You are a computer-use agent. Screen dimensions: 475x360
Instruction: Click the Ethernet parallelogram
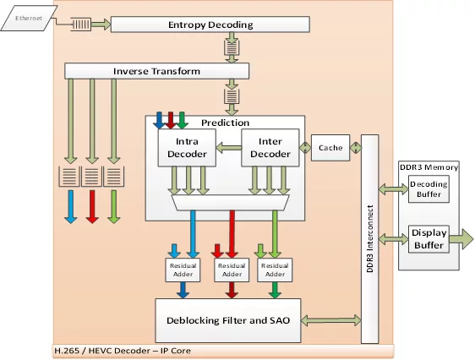pyautogui.click(x=29, y=18)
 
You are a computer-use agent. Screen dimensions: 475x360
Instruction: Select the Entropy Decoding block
pyautogui.click(x=210, y=25)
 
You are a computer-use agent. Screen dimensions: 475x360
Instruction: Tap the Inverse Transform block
pyautogui.click(x=157, y=71)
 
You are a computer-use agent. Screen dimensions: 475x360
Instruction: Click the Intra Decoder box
pyautogui.click(x=187, y=148)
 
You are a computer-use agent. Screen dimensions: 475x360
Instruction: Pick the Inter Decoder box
pyautogui.click(x=270, y=148)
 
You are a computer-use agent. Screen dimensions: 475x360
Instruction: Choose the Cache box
pyautogui.click(x=330, y=148)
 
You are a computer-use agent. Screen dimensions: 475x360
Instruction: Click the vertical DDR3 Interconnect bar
pyautogui.click(x=369, y=239)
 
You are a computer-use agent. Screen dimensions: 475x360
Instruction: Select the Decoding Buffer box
pyautogui.click(x=429, y=189)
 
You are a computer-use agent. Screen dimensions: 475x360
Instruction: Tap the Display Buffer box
pyautogui.click(x=429, y=239)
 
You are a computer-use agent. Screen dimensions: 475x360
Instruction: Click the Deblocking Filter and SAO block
pyautogui.click(x=228, y=320)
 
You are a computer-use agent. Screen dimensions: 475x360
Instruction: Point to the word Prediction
pyautogui.click(x=225, y=123)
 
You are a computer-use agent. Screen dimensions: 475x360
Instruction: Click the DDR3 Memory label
pyautogui.click(x=429, y=167)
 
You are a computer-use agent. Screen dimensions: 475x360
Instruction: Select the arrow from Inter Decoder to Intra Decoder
pyautogui.click(x=229, y=148)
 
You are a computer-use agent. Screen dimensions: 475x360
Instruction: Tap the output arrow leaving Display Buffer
pyautogui.click(x=461, y=239)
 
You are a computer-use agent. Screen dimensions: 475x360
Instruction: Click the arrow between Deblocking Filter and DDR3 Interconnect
pyautogui.click(x=331, y=320)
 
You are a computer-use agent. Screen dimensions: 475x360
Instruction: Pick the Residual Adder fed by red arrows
pyautogui.click(x=232, y=270)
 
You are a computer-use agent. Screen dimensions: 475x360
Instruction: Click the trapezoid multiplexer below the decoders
pyautogui.click(x=230, y=203)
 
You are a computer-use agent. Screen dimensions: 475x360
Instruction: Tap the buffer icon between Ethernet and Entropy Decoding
pyautogui.click(x=80, y=25)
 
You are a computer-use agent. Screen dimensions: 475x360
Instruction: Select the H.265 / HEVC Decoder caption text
pyautogui.click(x=123, y=351)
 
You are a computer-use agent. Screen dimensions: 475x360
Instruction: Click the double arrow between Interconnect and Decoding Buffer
pyautogui.click(x=394, y=189)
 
